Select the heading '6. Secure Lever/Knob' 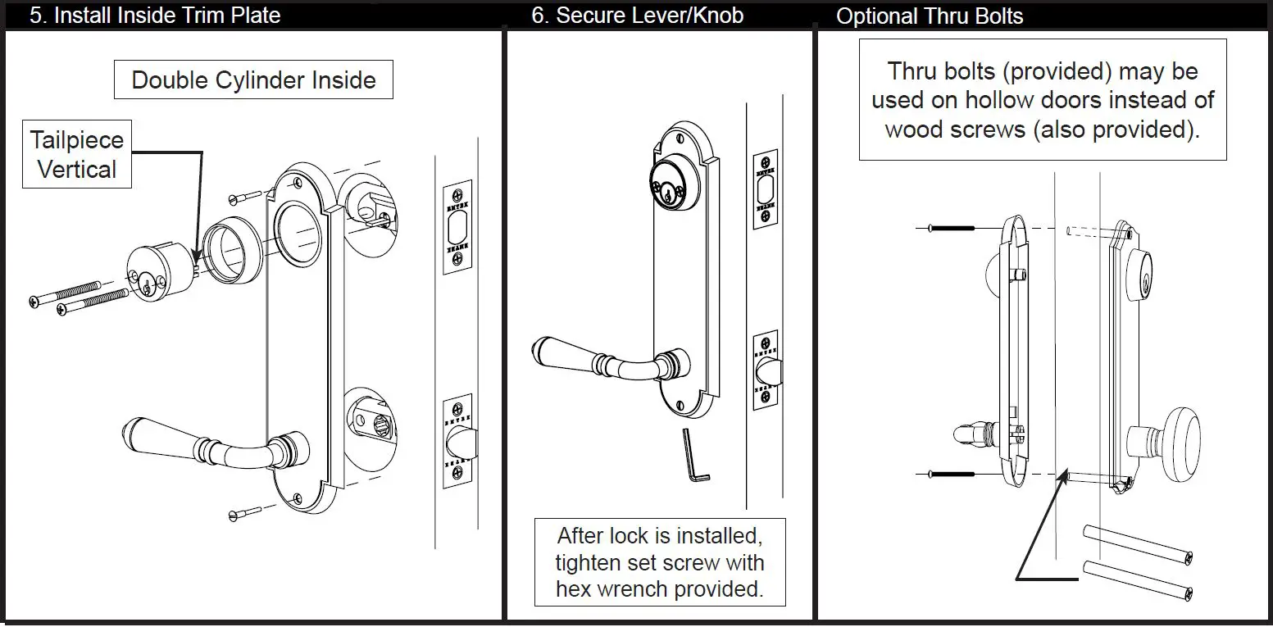tap(637, 16)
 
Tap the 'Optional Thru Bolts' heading tap(929, 16)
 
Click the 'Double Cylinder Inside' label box tap(253, 80)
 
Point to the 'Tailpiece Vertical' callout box tap(77, 155)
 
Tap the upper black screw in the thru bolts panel tap(951, 228)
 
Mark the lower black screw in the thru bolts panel tap(951, 474)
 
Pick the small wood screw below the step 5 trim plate tap(246, 514)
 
